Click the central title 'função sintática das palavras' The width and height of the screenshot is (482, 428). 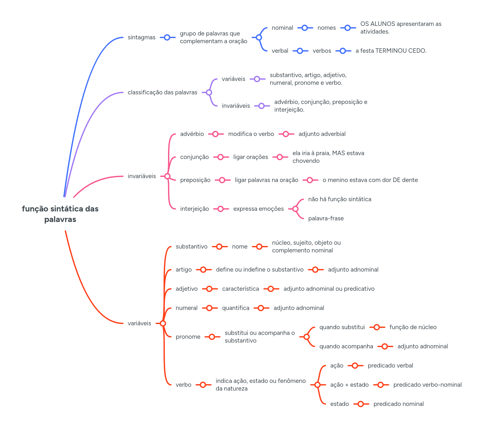click(60, 214)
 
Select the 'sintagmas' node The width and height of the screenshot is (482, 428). click(141, 37)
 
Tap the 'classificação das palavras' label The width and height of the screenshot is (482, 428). click(162, 92)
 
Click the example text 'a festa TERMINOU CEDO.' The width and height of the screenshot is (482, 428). click(391, 51)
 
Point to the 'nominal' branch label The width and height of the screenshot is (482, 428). click(282, 28)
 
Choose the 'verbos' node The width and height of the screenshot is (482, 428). click(322, 51)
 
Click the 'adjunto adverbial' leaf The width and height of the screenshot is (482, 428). click(322, 134)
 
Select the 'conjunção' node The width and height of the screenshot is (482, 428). click(194, 157)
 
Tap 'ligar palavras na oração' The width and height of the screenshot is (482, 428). click(266, 180)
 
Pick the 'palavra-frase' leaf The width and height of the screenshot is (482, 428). click(326, 218)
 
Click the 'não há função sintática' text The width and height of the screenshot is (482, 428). click(340, 199)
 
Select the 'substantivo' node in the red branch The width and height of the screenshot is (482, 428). click(191, 247)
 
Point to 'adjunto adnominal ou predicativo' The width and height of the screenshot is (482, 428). click(329, 289)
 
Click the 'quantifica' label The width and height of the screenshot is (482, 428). click(236, 308)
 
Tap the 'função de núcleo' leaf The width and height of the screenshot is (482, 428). click(413, 327)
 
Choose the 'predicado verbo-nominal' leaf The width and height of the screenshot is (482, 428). click(427, 385)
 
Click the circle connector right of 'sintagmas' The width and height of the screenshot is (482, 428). click(167, 37)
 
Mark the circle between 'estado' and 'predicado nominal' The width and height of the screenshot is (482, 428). click(361, 404)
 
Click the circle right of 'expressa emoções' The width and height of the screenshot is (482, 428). click(295, 209)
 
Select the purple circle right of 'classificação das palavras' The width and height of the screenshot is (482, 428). click(209, 92)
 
